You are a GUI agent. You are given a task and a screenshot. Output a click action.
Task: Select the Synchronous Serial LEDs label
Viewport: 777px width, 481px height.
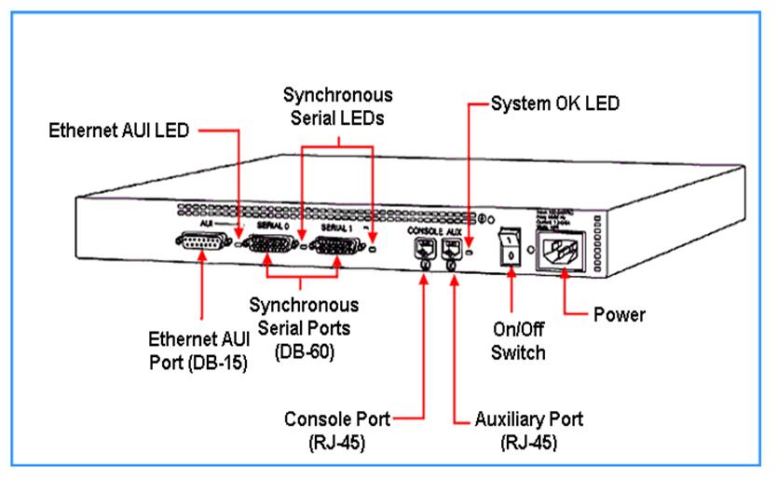pyautogui.click(x=337, y=106)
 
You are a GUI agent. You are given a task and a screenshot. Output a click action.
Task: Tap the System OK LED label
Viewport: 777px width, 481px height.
pyautogui.click(x=555, y=104)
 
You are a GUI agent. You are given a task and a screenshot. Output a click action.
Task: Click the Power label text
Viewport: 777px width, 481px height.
pyautogui.click(x=620, y=314)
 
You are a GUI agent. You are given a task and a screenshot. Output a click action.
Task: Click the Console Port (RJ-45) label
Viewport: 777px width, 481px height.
pyautogui.click(x=337, y=430)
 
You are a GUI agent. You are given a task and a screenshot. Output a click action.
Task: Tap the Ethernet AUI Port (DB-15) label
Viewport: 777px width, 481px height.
pyautogui.click(x=199, y=350)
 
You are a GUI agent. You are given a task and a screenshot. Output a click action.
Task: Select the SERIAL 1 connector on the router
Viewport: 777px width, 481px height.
pyautogui.click(x=335, y=249)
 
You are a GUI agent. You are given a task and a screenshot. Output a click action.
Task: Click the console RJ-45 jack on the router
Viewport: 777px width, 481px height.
pyautogui.click(x=424, y=248)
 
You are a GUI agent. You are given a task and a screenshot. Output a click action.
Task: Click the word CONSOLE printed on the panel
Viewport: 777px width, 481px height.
pyautogui.click(x=419, y=228)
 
